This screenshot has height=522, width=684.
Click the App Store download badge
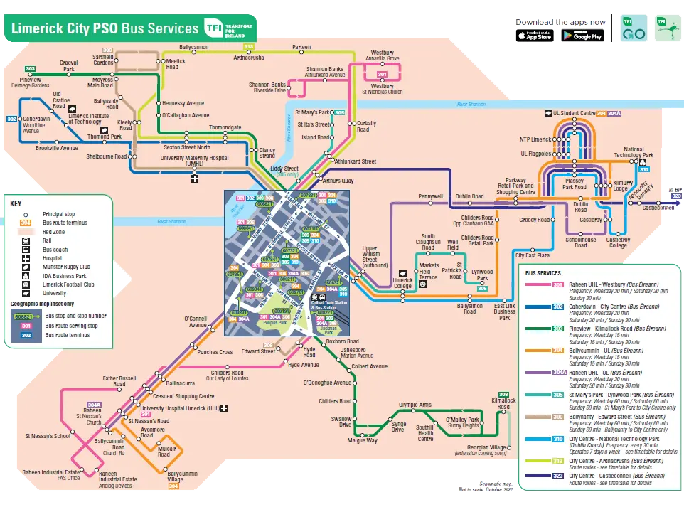coord(534,36)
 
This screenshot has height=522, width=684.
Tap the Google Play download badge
coord(582,36)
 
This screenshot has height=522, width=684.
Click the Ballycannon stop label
coord(184,47)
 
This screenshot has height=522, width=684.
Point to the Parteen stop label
coord(301,47)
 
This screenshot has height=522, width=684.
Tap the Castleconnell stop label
coord(656,208)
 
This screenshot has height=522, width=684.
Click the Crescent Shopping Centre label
coord(183,396)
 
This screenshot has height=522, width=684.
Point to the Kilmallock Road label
coord(503,403)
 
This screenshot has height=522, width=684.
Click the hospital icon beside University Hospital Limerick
coord(224,408)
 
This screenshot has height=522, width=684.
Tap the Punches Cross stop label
coord(215,352)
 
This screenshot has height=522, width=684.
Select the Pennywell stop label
coord(430,196)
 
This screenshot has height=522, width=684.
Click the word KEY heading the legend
coord(16,203)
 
